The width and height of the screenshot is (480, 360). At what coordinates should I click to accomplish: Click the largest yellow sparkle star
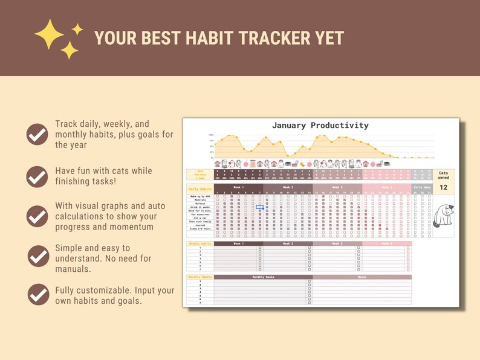click(49, 33)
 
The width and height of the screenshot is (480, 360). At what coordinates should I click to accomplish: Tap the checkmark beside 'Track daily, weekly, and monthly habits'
click(37, 134)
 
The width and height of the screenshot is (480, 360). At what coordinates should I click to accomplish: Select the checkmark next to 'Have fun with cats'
click(37, 176)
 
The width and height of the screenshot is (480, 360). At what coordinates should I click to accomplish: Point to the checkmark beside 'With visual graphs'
click(37, 216)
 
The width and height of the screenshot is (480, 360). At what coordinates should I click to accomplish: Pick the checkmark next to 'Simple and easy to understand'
click(37, 256)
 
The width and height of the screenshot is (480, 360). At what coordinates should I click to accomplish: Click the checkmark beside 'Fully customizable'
click(37, 294)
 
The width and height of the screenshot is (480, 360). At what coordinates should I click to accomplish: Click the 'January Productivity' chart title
click(320, 126)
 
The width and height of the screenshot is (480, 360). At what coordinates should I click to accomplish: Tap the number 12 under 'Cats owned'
click(443, 188)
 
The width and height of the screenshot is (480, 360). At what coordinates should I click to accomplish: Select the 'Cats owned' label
click(443, 175)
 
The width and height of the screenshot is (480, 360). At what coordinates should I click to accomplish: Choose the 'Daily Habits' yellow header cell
click(199, 189)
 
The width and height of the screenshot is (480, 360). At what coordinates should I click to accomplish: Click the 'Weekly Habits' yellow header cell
click(199, 243)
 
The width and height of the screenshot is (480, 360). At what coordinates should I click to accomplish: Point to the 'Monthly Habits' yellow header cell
click(199, 277)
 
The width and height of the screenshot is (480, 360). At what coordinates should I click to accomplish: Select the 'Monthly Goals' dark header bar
click(262, 277)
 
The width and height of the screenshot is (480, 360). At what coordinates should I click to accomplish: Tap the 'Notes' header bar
click(362, 277)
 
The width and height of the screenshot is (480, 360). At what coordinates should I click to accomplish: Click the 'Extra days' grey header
click(422, 187)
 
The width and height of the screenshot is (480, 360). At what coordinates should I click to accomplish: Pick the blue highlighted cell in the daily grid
click(260, 207)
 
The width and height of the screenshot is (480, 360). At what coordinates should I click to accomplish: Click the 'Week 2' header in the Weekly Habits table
click(287, 243)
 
